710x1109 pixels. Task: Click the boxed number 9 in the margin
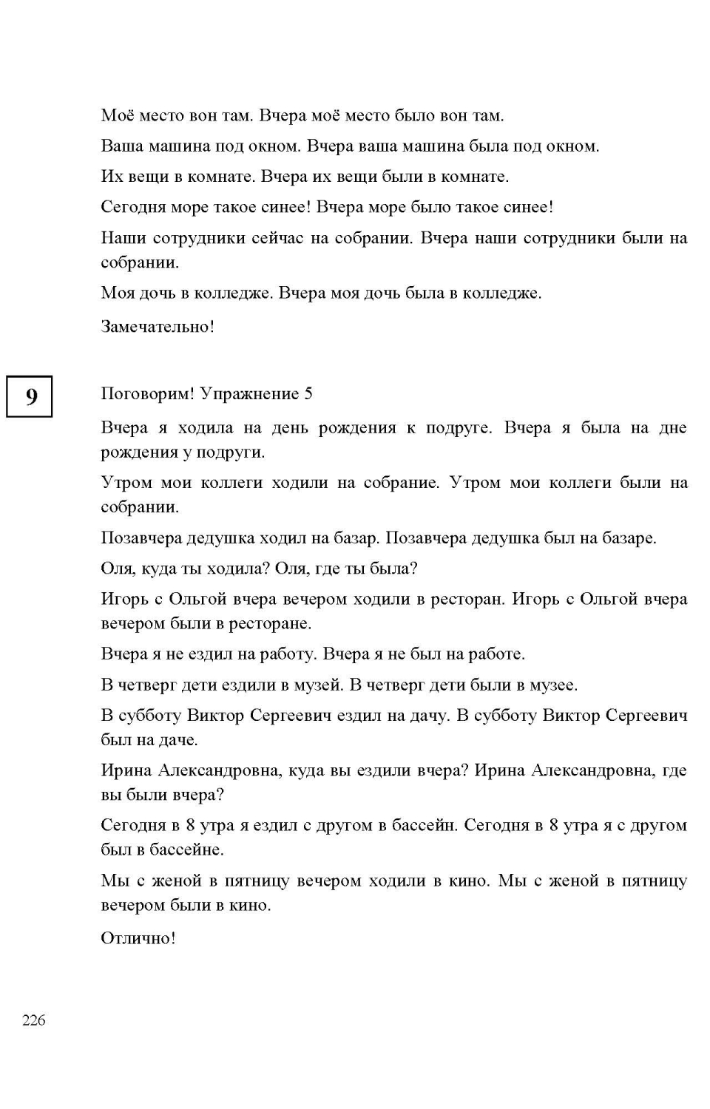[x=30, y=397]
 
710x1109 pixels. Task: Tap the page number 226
[x=34, y=1020]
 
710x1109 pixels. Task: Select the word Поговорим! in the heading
[x=147, y=394]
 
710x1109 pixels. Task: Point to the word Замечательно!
[x=158, y=327]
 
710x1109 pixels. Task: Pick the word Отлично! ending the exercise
[x=138, y=939]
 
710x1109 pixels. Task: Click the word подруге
[x=459, y=428]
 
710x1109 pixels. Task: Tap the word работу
[x=292, y=654]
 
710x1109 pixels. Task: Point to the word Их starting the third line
[x=109, y=177]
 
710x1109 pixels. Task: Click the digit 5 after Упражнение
[x=308, y=394]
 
